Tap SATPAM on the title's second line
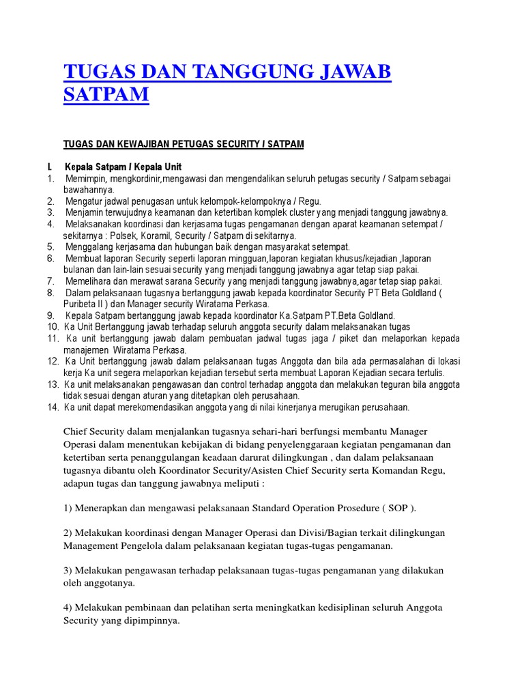[x=106, y=94]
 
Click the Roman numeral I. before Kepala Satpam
[x=50, y=167]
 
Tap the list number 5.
[x=50, y=246]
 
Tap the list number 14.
[x=52, y=408]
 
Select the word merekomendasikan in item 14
[x=152, y=408]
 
